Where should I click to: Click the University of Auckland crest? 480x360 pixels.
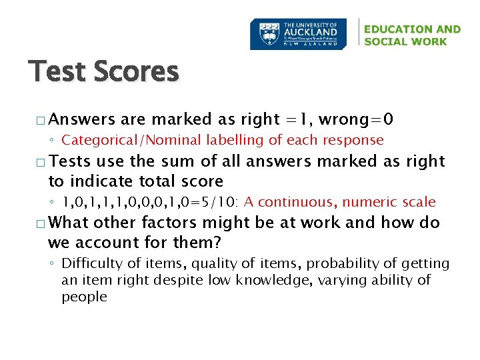(268, 33)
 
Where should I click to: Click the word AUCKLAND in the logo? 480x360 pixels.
(311, 31)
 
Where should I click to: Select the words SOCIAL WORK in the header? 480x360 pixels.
(406, 41)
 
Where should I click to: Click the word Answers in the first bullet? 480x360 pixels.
(82, 119)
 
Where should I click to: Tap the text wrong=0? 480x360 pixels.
(356, 119)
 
